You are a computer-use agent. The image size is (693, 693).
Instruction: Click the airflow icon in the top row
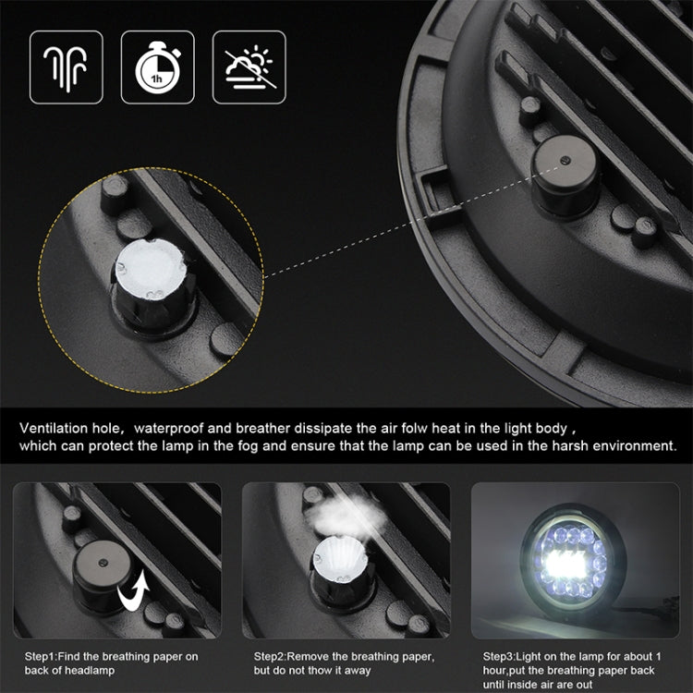(66, 67)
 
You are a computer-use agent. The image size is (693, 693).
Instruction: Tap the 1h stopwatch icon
(158, 67)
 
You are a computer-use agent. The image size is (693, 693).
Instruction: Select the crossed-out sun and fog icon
(249, 67)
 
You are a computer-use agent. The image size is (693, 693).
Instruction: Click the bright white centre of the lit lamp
(566, 564)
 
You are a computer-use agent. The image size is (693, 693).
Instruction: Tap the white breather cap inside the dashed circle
(151, 269)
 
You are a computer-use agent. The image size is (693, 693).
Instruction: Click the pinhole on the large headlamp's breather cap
(565, 160)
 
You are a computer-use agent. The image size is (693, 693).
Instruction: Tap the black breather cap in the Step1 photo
(103, 575)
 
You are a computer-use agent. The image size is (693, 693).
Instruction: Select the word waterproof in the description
(168, 429)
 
